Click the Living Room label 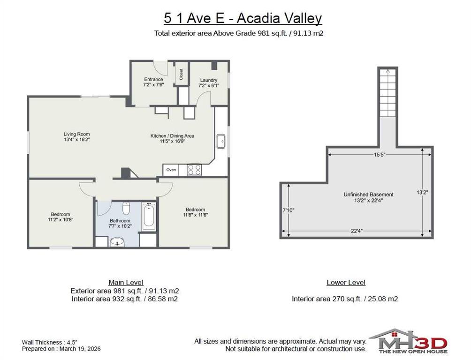[x=76, y=137]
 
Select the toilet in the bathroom [x=126, y=209]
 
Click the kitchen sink [x=221, y=141]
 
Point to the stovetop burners [x=194, y=170]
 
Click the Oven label [x=171, y=170]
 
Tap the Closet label [x=182, y=74]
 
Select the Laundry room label [x=209, y=80]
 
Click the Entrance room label [x=153, y=79]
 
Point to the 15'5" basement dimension [x=380, y=155]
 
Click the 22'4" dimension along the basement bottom [x=357, y=231]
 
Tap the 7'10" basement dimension [x=289, y=210]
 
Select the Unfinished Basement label [x=369, y=194]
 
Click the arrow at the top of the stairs [x=388, y=71]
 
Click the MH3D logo [x=408, y=341]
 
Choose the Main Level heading [x=126, y=282]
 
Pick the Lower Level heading [x=346, y=282]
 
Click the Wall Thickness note [x=50, y=342]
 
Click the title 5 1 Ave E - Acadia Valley [x=243, y=18]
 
